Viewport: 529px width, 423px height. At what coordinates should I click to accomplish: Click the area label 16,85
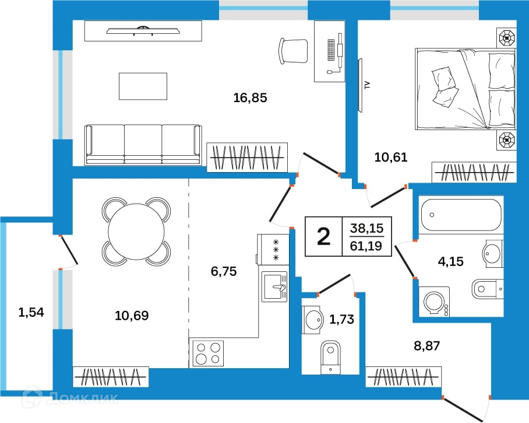click(x=250, y=97)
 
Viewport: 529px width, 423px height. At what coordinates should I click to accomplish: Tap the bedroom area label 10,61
click(x=391, y=157)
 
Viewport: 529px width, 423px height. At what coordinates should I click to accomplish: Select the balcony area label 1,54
click(x=31, y=312)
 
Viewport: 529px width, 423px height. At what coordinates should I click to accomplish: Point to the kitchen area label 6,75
click(x=224, y=271)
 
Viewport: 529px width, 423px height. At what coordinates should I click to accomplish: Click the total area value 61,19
click(x=366, y=246)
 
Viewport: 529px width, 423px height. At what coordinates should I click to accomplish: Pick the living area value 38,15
click(x=366, y=228)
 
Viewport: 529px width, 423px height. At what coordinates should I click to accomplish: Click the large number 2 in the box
click(x=324, y=236)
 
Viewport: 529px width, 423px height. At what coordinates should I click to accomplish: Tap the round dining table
click(x=136, y=232)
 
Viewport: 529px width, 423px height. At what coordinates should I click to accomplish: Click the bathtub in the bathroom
click(x=461, y=215)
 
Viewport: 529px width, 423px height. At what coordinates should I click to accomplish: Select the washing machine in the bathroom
click(x=434, y=302)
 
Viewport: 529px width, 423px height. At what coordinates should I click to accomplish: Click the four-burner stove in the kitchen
click(x=208, y=354)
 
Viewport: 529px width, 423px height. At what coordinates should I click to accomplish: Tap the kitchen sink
click(x=275, y=286)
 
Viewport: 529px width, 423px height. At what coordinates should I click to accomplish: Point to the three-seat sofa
click(x=143, y=145)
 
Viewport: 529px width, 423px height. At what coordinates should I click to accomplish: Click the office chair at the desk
click(x=293, y=51)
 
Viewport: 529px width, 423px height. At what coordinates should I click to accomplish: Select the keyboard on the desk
click(x=331, y=50)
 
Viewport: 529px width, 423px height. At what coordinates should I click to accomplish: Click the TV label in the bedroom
click(x=368, y=85)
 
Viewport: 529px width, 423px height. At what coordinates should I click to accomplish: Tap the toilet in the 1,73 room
click(x=330, y=357)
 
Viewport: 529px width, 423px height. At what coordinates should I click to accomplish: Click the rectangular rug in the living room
click(x=143, y=86)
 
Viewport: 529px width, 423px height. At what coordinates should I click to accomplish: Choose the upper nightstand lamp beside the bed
click(x=507, y=38)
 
